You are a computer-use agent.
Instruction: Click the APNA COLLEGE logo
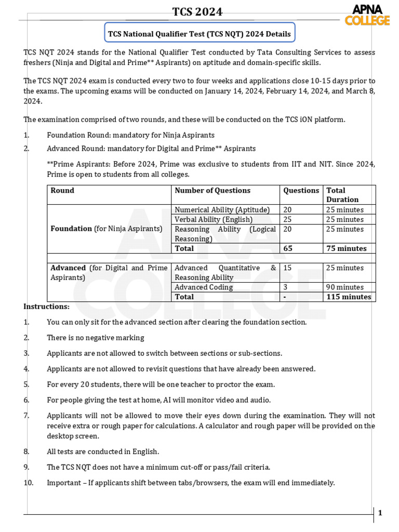pyautogui.click(x=367, y=15)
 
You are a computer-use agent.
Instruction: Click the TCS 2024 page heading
pyautogui.click(x=199, y=12)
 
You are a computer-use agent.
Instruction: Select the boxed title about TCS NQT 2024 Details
pyautogui.click(x=199, y=34)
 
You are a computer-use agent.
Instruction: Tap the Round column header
pyautogui.click(x=62, y=191)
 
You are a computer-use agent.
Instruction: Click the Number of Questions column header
pyautogui.click(x=212, y=191)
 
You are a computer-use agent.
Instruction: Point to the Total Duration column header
pyautogui.click(x=342, y=195)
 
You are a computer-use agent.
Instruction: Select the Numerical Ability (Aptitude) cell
pyautogui.click(x=222, y=210)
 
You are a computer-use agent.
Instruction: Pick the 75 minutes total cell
pyautogui.click(x=346, y=248)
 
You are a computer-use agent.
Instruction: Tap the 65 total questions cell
pyautogui.click(x=288, y=248)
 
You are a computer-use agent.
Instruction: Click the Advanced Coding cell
pyautogui.click(x=204, y=287)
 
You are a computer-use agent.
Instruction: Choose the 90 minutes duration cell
pyautogui.click(x=345, y=287)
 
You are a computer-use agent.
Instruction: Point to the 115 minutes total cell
pyautogui.click(x=349, y=297)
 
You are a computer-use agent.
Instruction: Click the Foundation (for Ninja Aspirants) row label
pyautogui.click(x=107, y=229)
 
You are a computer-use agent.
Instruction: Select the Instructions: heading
pyautogui.click(x=46, y=307)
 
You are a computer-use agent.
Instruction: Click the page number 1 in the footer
pyautogui.click(x=380, y=513)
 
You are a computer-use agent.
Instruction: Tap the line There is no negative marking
pyautogui.click(x=95, y=338)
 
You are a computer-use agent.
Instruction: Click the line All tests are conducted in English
pyautogui.click(x=103, y=451)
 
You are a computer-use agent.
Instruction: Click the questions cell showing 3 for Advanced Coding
pyautogui.click(x=285, y=287)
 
